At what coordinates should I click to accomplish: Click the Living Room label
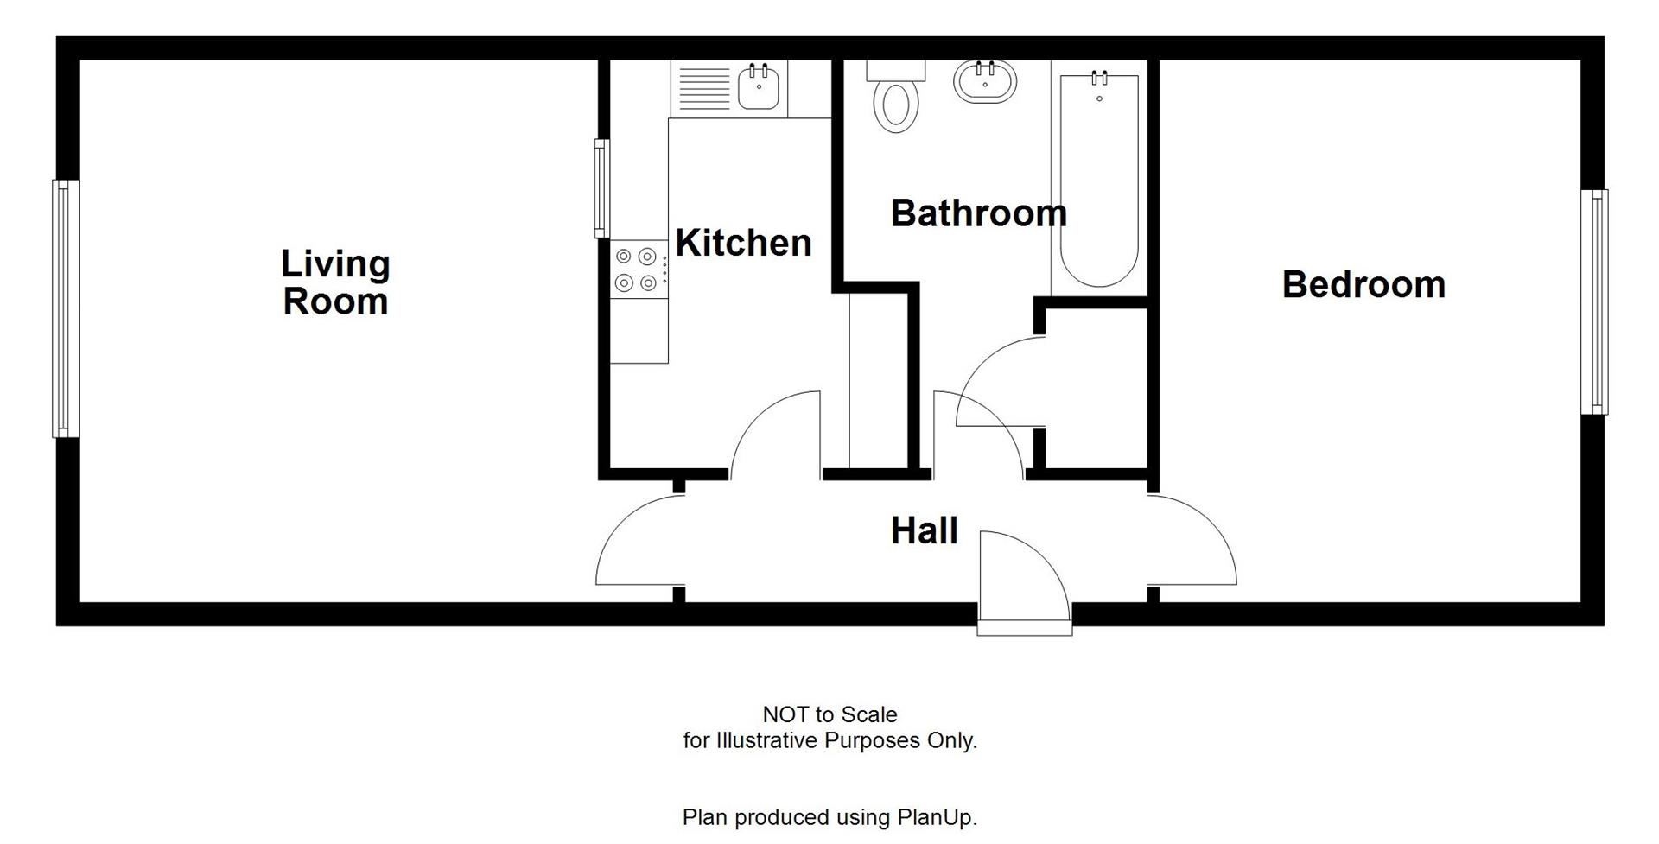335,282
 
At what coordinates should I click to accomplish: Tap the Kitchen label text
743,243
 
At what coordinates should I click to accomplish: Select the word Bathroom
978,213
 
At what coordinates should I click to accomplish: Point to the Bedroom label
1363,285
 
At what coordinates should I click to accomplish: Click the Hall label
924,530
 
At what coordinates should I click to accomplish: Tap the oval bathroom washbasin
985,83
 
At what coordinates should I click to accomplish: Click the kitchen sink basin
759,88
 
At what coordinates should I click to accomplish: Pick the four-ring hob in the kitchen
636,270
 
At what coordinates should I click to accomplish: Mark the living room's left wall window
66,308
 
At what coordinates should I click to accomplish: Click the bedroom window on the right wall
1594,301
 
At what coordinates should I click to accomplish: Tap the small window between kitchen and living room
601,188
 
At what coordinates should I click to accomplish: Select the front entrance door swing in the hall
1024,574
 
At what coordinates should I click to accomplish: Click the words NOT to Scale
829,714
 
